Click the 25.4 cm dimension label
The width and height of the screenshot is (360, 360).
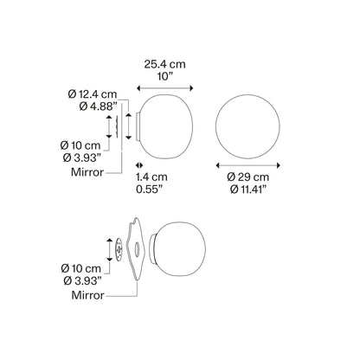[164, 64]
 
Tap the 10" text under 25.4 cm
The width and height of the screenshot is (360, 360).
[165, 77]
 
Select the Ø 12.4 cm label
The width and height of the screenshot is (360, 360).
[93, 94]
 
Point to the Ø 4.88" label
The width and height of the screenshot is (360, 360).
[98, 106]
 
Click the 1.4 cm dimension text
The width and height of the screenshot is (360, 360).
[151, 177]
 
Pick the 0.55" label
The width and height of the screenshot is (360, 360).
[150, 190]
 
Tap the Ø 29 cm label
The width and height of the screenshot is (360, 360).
[248, 177]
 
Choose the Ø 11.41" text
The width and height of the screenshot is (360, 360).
[248, 190]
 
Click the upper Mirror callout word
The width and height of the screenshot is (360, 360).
[87, 172]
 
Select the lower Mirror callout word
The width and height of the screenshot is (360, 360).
[87, 295]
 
